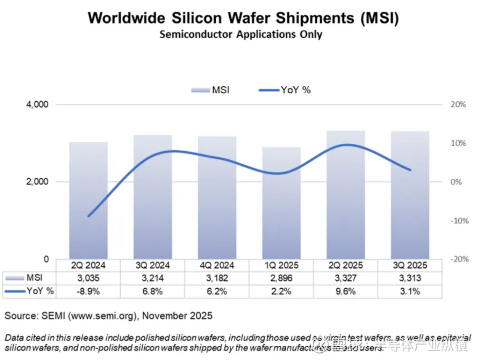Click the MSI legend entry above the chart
(210, 90)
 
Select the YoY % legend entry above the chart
(285, 90)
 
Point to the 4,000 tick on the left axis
(38, 105)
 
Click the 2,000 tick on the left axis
(38, 182)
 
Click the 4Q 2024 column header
(217, 266)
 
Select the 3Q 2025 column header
(410, 266)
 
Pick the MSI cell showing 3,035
(88, 278)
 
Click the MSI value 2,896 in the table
(281, 278)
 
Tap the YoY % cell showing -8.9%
(88, 291)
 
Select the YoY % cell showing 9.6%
(346, 291)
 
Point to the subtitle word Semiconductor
(196, 34)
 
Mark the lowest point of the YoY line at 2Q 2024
(89, 216)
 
